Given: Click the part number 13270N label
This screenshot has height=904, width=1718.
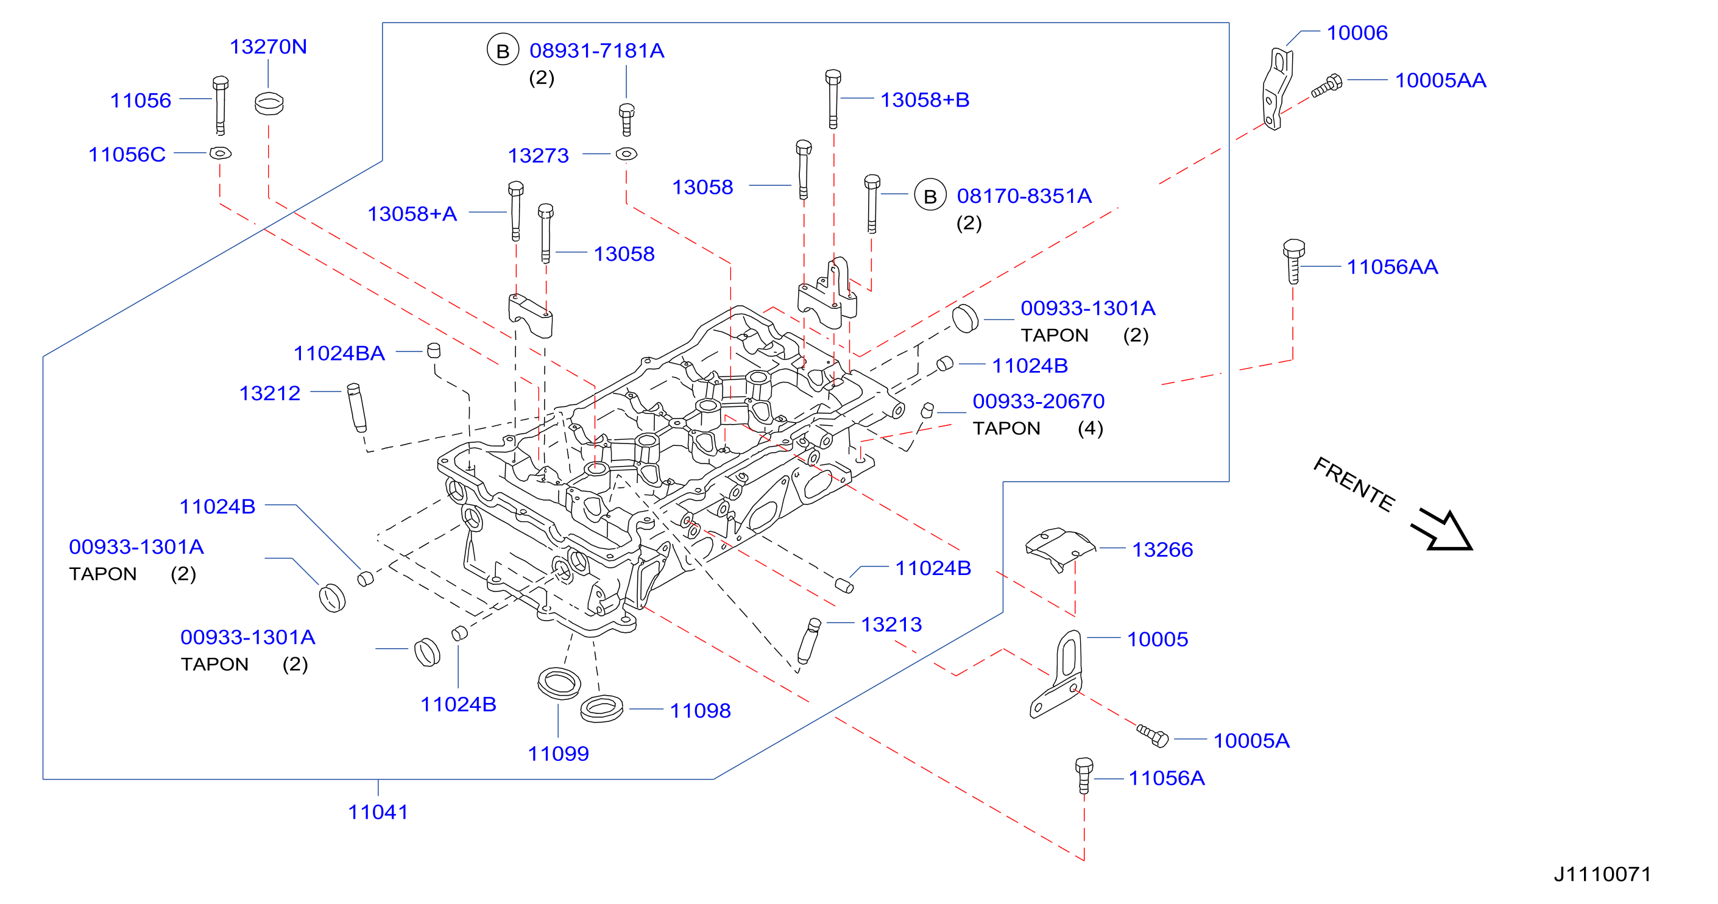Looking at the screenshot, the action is point(268,47).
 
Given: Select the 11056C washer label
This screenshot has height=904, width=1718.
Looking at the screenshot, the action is point(127,154).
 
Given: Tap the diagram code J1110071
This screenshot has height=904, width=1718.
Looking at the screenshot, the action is point(1603,874).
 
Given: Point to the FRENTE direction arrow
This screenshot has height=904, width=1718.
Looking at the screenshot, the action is point(1443,530).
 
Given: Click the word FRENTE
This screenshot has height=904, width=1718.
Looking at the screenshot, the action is point(1354,485).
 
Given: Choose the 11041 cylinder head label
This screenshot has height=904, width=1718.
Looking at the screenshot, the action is point(378,812).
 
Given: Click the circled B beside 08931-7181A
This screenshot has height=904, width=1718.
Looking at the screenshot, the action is point(503,50).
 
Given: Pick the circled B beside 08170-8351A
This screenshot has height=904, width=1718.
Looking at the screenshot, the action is point(930,196).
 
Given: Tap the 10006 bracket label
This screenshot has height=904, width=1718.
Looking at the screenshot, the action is point(1357,33).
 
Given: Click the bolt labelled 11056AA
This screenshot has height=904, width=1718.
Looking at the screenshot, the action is point(1293,261).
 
